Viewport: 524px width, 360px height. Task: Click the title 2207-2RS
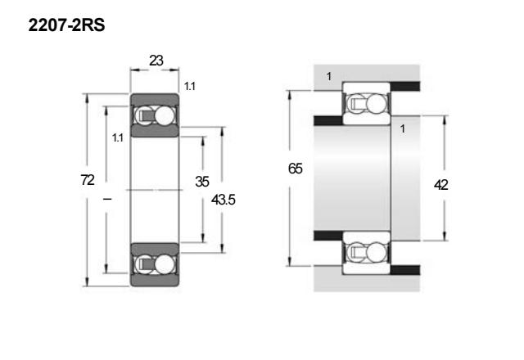[66, 25]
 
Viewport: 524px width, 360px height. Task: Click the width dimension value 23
[156, 61]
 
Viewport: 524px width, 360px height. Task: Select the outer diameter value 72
[88, 180]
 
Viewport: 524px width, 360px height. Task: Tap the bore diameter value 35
[202, 182]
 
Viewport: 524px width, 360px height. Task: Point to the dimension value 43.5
[224, 200]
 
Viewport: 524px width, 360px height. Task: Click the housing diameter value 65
[296, 169]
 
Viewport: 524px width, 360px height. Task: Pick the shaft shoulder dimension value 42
[440, 185]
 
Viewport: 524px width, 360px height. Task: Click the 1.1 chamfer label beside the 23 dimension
[190, 87]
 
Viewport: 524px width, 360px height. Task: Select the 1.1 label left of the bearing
[118, 137]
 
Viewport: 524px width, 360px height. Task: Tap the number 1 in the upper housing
[329, 76]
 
